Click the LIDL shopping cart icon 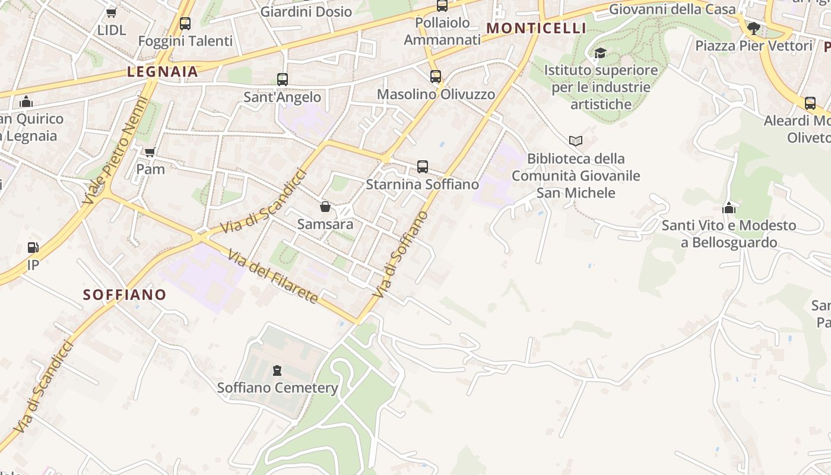point(112,12)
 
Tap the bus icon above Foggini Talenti point(185,24)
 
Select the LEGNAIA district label point(162,72)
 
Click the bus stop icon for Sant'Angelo point(283,80)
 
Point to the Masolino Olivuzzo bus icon point(436,77)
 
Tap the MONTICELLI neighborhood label point(536,28)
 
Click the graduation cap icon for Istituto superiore point(600,53)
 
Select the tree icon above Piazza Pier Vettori point(753,28)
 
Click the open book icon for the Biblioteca point(575,141)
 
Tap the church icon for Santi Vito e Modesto point(729,208)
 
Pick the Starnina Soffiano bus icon point(423,167)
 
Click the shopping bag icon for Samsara point(325,207)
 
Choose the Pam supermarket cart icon point(150,152)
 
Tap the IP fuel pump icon point(33,248)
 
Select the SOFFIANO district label point(125,294)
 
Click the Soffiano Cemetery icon point(277,370)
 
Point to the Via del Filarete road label point(273,276)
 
